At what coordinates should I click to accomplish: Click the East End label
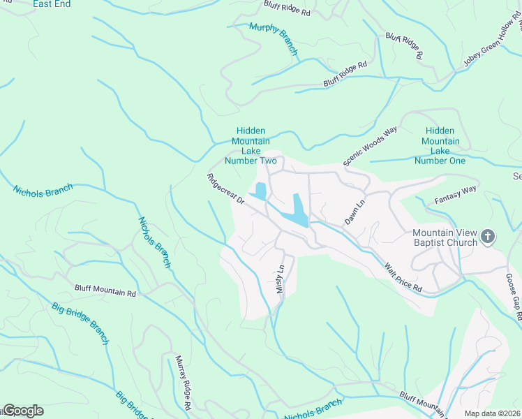52,4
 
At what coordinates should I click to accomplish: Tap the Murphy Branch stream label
274,39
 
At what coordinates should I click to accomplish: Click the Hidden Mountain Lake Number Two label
251,146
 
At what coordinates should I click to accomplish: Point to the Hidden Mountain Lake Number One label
440,146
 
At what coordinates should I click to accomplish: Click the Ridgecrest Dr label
225,189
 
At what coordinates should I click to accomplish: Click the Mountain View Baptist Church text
444,237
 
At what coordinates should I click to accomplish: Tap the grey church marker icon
488,237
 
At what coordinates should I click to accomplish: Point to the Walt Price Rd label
403,277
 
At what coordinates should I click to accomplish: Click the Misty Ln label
281,279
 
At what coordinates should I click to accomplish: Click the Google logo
23,411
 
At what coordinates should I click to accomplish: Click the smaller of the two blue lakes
260,191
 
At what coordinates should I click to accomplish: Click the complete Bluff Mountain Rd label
105,289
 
